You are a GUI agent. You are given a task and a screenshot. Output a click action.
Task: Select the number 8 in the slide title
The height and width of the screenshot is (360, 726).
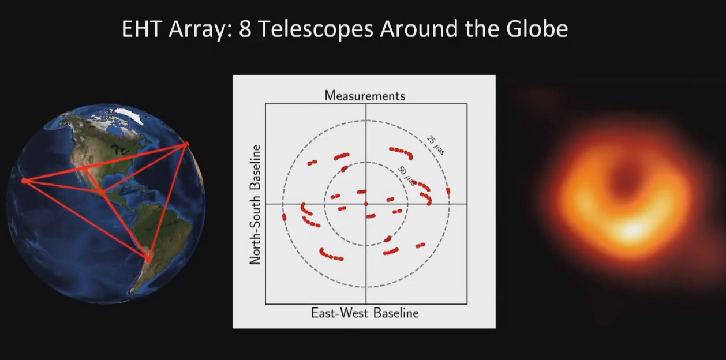click(245, 29)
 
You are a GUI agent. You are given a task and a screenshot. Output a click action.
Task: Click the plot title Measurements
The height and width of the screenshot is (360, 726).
click(365, 95)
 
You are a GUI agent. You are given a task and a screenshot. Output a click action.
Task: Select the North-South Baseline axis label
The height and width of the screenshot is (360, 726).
click(255, 205)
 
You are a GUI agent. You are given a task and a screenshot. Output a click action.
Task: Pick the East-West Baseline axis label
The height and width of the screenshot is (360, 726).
click(365, 313)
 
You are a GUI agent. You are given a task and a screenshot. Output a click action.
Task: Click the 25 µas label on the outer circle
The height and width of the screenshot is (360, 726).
click(436, 145)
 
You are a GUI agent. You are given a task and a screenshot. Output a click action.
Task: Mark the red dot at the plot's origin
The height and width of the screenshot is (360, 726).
click(366, 204)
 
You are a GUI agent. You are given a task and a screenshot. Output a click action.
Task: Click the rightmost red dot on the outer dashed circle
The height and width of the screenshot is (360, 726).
click(448, 190)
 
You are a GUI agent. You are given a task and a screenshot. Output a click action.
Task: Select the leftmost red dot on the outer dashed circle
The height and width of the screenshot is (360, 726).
click(284, 217)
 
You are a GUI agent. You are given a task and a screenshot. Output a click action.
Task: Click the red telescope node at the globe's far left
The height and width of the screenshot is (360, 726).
click(24, 181)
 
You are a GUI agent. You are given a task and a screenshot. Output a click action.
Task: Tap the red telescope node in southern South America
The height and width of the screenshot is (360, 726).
click(149, 260)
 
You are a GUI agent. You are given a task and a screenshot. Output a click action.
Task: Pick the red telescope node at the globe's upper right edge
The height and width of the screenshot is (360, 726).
click(186, 144)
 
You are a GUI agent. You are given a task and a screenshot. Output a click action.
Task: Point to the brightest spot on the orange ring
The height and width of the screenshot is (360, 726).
click(632, 231)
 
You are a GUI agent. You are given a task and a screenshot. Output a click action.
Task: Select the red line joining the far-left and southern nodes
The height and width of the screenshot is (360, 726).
click(87, 220)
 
